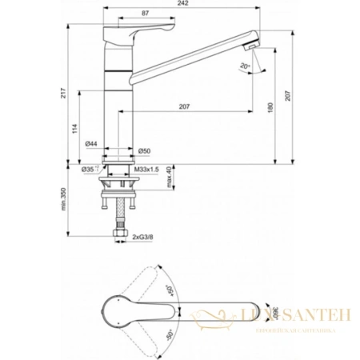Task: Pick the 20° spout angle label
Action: pyautogui.click(x=245, y=67)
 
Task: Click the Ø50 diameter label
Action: pyautogui.click(x=145, y=150)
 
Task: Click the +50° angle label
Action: pyautogui.click(x=170, y=286)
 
